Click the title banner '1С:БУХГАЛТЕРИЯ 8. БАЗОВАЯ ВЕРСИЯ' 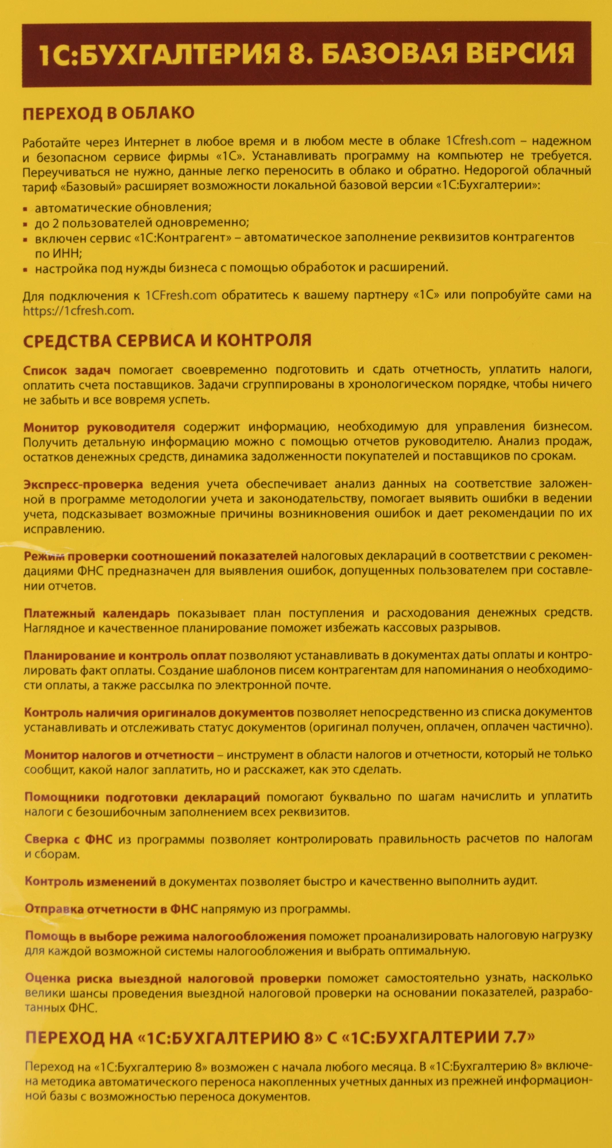pyautogui.click(x=306, y=54)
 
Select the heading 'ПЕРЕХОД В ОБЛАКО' pyautogui.click(x=109, y=113)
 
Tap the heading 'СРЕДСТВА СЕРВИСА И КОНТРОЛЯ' pyautogui.click(x=167, y=340)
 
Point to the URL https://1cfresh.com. pyautogui.click(x=78, y=311)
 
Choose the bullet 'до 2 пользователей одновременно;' pyautogui.click(x=142, y=222)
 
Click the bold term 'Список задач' pyautogui.click(x=67, y=370)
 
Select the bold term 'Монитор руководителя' pyautogui.click(x=99, y=427)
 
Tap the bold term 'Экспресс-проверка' pyautogui.click(x=83, y=484)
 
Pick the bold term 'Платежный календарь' pyautogui.click(x=96, y=613)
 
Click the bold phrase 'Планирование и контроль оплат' pyautogui.click(x=125, y=656)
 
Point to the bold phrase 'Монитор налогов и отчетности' pyautogui.click(x=119, y=755)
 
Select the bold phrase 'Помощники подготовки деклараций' pyautogui.click(x=142, y=797)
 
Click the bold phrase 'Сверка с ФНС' pyautogui.click(x=68, y=839)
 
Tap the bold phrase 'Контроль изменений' pyautogui.click(x=90, y=881)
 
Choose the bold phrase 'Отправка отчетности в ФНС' pyautogui.click(x=111, y=909)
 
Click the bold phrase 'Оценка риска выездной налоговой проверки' pyautogui.click(x=173, y=978)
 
